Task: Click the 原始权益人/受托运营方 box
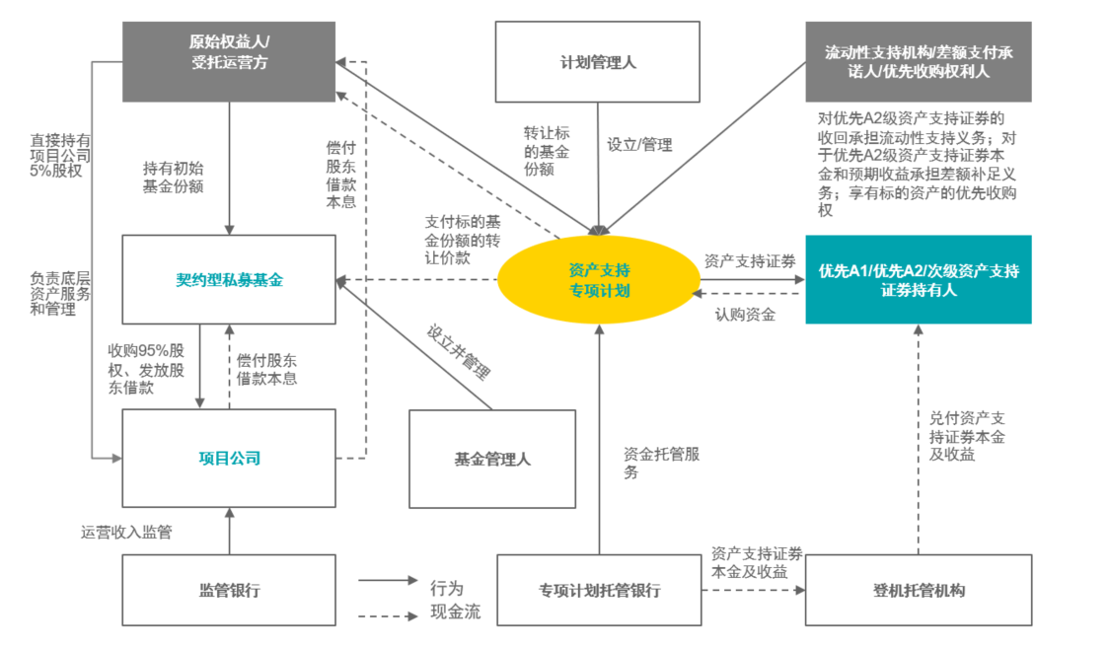pyautogui.click(x=229, y=61)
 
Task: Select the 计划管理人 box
pyautogui.click(x=598, y=62)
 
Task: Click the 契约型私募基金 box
pyautogui.click(x=228, y=280)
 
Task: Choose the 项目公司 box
pyautogui.click(x=228, y=458)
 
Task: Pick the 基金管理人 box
pyautogui.click(x=492, y=459)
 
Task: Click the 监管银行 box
pyautogui.click(x=228, y=590)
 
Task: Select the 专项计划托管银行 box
pyautogui.click(x=599, y=590)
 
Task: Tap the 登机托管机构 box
pyautogui.click(x=918, y=590)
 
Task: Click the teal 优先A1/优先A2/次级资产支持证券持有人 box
pyautogui.click(x=918, y=279)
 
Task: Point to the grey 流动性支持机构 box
pyautogui.click(x=918, y=61)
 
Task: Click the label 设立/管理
pyautogui.click(x=639, y=145)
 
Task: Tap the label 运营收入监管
pyautogui.click(x=126, y=532)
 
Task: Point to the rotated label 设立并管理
pyautogui.click(x=459, y=352)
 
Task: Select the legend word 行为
pyautogui.click(x=446, y=588)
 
